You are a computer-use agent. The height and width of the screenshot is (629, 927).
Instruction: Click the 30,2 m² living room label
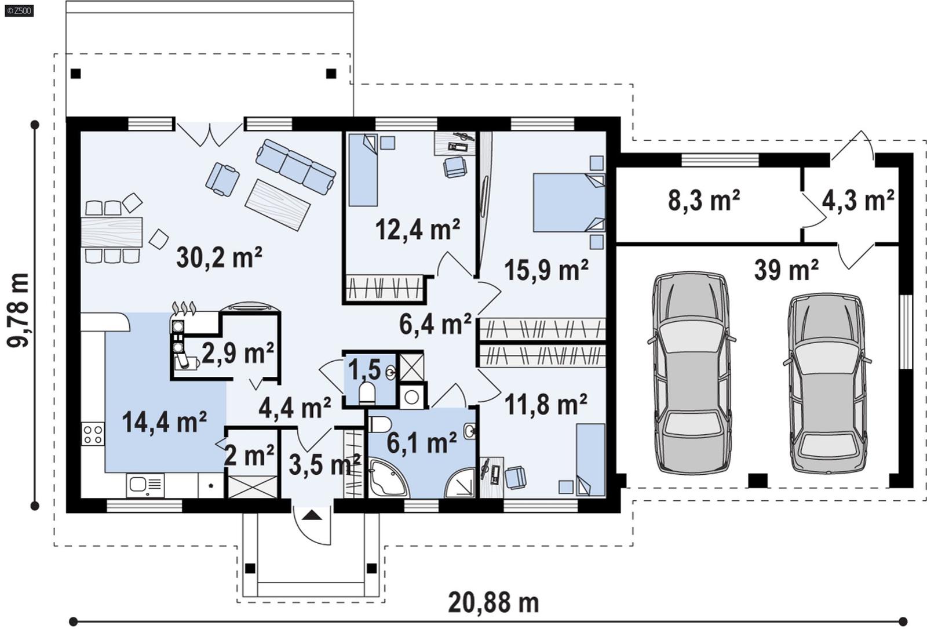(219, 257)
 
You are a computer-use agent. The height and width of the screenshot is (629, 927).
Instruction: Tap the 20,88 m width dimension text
(493, 603)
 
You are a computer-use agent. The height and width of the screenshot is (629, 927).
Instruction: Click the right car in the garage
(827, 384)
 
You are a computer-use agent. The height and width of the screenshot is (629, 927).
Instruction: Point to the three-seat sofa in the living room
(295, 166)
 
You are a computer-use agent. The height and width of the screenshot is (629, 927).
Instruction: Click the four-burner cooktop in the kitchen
(93, 434)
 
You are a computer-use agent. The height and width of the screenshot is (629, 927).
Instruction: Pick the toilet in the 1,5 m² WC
(367, 392)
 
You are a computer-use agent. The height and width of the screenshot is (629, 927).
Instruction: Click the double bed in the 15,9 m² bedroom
(568, 202)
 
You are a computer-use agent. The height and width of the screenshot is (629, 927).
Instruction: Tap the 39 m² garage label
(786, 270)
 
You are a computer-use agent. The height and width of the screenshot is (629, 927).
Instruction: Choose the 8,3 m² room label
(703, 201)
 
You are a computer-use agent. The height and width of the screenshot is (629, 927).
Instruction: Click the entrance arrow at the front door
(312, 515)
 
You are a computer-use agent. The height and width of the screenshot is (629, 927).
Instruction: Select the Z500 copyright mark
(19, 10)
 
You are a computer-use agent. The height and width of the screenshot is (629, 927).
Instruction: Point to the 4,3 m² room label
(857, 201)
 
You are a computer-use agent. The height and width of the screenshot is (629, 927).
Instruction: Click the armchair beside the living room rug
(222, 179)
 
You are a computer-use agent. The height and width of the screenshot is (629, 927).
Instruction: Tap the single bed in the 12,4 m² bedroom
(363, 170)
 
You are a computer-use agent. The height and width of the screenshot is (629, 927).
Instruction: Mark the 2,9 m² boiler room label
(238, 352)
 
